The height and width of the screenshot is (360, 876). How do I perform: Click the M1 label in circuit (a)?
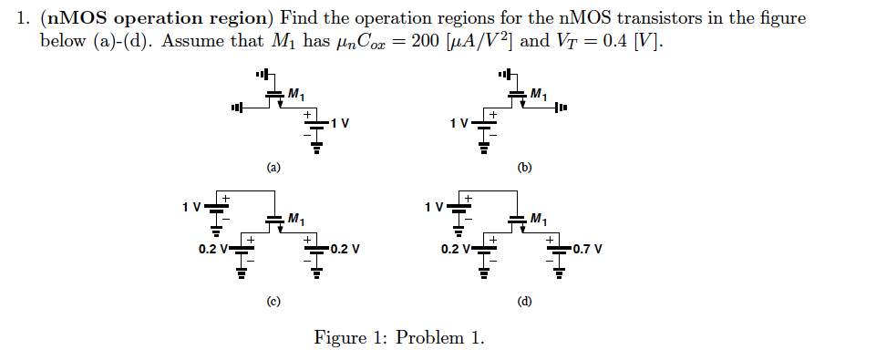tap(296, 94)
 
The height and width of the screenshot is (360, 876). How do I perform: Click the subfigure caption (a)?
tap(273, 168)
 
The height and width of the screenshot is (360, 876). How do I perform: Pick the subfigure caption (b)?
tap(524, 168)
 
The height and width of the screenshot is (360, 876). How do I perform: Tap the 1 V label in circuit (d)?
tap(434, 206)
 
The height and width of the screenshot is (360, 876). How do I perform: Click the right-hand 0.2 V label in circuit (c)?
tap(344, 248)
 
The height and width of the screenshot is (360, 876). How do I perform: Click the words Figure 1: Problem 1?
tap(399, 338)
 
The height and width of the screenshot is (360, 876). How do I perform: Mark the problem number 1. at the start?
tap(25, 19)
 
